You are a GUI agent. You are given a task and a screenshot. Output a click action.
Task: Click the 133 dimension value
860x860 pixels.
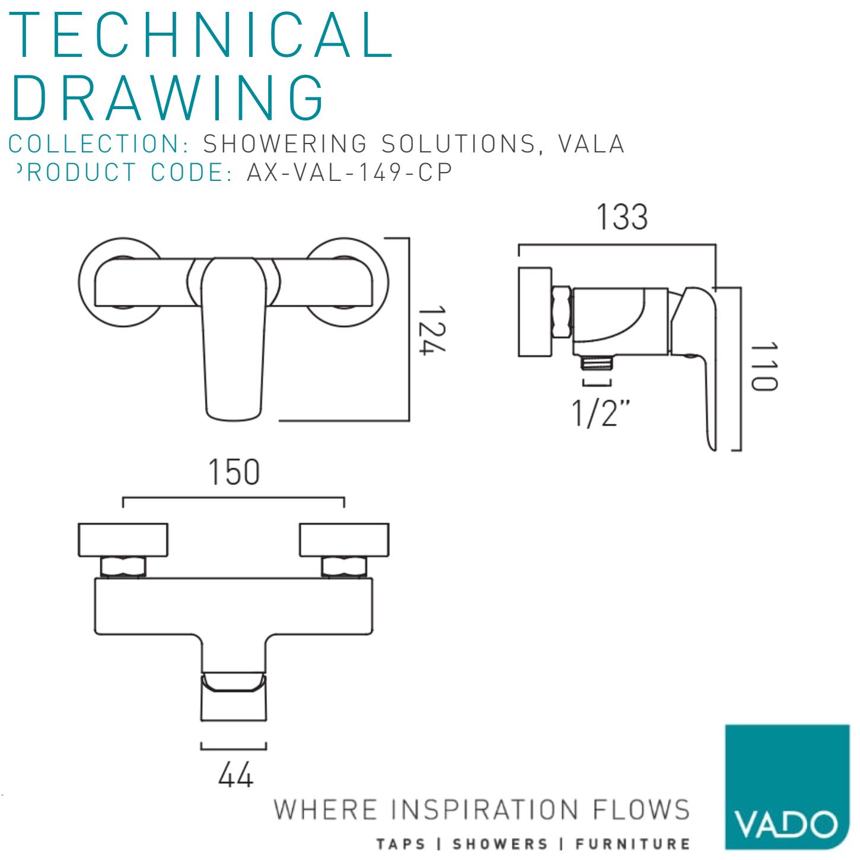click(x=622, y=217)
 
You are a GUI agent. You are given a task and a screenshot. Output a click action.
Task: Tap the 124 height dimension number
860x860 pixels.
click(x=432, y=330)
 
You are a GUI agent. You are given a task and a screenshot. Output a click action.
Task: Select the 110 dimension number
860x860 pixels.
click(x=764, y=367)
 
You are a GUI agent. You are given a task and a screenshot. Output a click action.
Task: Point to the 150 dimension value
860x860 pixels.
click(x=234, y=472)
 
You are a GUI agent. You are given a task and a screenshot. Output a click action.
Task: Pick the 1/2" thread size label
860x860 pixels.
click(x=601, y=413)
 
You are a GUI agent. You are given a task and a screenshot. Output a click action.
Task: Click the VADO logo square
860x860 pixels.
click(x=787, y=786)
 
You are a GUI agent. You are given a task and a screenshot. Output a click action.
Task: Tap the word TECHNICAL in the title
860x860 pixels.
click(x=201, y=35)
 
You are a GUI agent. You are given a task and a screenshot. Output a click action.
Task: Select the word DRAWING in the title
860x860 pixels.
click(x=168, y=97)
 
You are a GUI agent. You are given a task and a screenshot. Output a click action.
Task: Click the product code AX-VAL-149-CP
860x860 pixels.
click(x=349, y=172)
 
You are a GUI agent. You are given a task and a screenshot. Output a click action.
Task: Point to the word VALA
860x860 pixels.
click(x=591, y=144)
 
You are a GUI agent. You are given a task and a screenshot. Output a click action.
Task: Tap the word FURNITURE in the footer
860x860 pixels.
click(x=632, y=844)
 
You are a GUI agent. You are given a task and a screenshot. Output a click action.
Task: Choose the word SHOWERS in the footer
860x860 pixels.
click(x=500, y=844)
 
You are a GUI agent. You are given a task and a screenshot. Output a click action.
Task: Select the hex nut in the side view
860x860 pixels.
click(x=562, y=312)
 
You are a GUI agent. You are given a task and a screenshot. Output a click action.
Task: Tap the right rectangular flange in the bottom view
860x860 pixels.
click(x=344, y=540)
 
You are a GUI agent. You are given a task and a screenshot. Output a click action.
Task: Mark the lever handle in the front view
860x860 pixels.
click(x=234, y=339)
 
